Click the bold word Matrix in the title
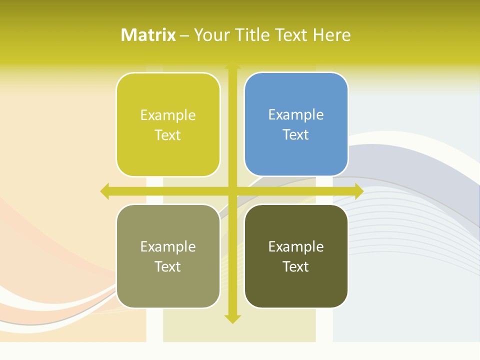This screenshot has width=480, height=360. (x=148, y=35)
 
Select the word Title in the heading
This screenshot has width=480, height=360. (x=253, y=35)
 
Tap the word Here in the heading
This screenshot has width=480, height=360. (x=331, y=35)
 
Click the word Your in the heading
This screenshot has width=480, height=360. (x=212, y=35)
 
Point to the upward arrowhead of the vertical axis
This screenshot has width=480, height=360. (x=232, y=65)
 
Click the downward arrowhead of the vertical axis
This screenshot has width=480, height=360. (x=232, y=318)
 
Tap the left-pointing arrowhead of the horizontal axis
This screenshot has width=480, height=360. (x=104, y=191)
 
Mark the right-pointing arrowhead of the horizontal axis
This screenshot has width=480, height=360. (x=359, y=191)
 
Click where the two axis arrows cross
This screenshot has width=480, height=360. (x=232, y=191)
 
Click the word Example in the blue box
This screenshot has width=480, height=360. (x=296, y=115)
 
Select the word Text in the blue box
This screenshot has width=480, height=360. (x=296, y=134)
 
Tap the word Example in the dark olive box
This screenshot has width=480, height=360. (x=296, y=246)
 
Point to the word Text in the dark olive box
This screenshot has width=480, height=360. (x=296, y=266)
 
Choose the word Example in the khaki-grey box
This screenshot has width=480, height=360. (x=168, y=246)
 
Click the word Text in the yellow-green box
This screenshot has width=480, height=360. (x=168, y=135)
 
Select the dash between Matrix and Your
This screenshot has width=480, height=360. (x=184, y=35)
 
